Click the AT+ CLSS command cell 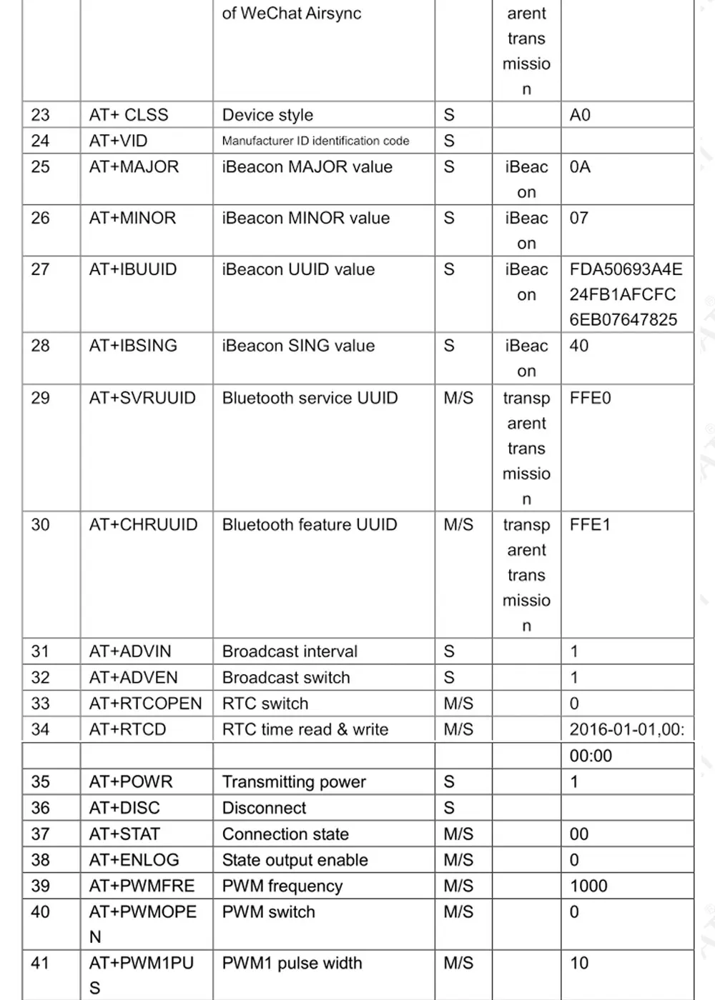tap(129, 115)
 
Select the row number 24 tap(41, 141)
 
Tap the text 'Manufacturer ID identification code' tap(315, 141)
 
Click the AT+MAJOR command tap(134, 167)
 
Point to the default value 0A tap(580, 167)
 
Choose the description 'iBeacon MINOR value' tap(305, 219)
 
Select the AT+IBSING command tap(133, 346)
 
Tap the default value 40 tap(579, 346)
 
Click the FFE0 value tap(590, 398)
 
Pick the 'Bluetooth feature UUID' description tap(309, 525)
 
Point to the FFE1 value tap(590, 525)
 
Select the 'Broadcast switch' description tap(286, 678)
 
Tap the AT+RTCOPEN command tap(145, 704)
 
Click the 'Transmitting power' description tap(294, 782)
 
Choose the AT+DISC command tap(124, 808)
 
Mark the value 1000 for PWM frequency tap(588, 886)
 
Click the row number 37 tap(41, 834)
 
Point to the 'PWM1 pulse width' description tap(292, 964)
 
